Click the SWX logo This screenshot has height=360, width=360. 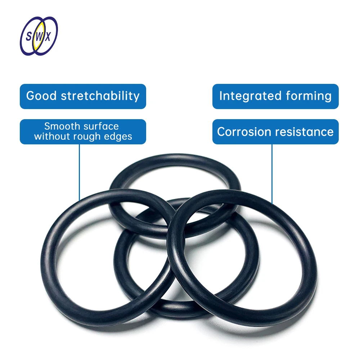click(x=39, y=36)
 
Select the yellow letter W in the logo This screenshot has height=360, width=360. click(x=39, y=36)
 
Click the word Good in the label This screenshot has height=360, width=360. click(x=41, y=96)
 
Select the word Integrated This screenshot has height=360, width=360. click(x=250, y=96)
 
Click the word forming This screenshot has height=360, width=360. click(x=309, y=96)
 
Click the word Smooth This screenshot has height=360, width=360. click(x=61, y=126)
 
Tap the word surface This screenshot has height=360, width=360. click(x=101, y=126)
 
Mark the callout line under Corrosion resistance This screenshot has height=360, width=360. click(x=272, y=173)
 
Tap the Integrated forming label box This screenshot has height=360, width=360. click(x=275, y=96)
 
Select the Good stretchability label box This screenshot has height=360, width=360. click(x=83, y=96)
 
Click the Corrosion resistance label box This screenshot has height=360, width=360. click(x=275, y=132)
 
